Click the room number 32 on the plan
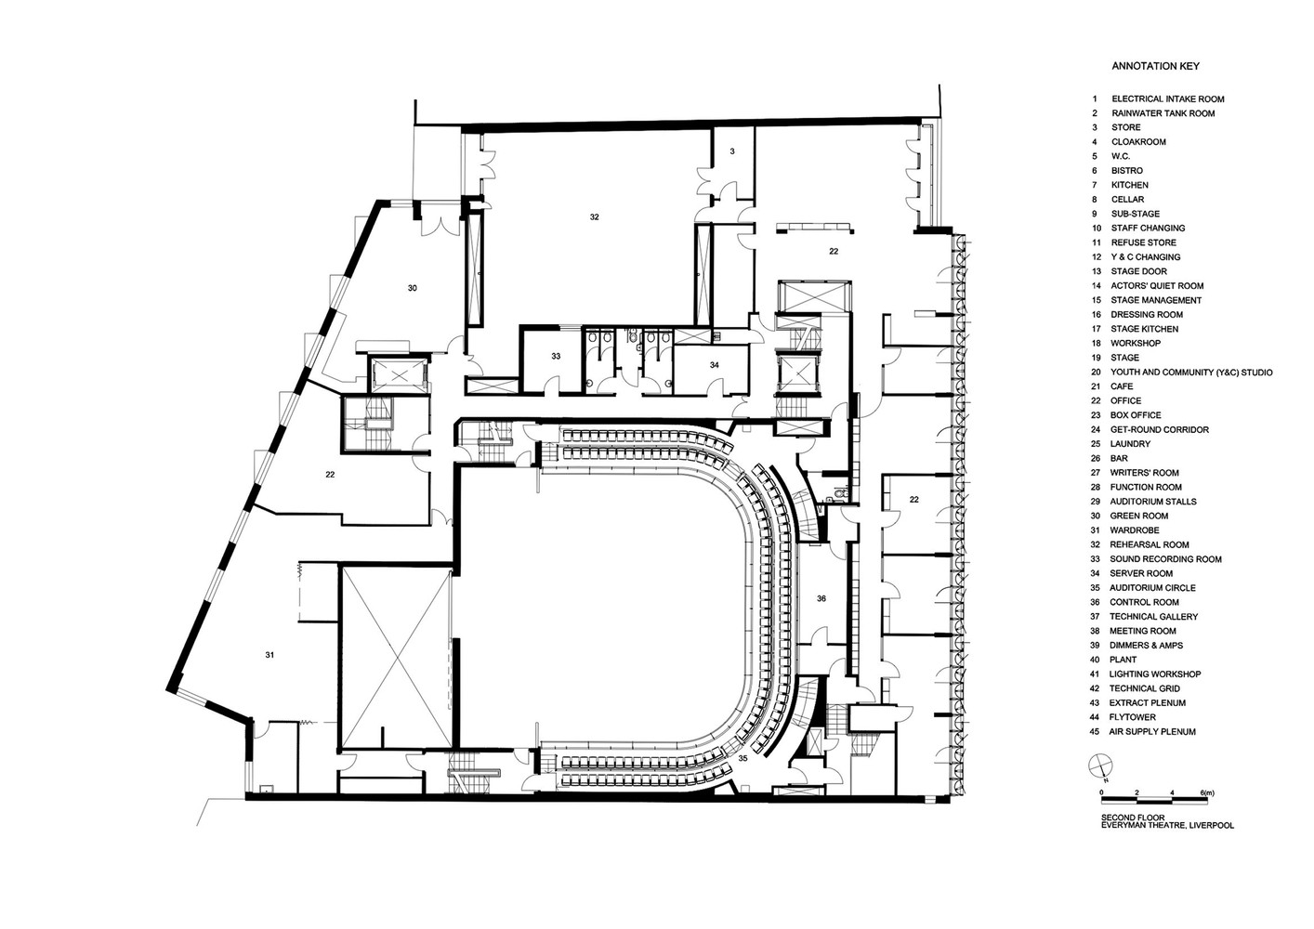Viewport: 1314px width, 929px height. click(594, 216)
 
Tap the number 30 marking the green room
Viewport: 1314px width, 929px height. click(412, 288)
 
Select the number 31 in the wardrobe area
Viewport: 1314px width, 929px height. click(269, 655)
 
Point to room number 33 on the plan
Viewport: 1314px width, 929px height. click(556, 356)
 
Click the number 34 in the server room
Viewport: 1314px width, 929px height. click(714, 365)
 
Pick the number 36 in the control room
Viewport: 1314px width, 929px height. click(821, 599)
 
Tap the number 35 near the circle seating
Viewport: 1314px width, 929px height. click(742, 759)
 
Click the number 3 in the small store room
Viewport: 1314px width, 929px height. click(732, 150)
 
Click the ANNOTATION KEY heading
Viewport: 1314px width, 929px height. click(1155, 67)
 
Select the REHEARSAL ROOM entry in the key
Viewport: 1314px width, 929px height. click(1149, 544)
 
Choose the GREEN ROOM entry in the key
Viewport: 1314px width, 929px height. click(1138, 516)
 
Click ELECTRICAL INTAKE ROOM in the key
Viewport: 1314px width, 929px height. click(1167, 98)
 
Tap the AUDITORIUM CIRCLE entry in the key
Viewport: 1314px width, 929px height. click(1152, 588)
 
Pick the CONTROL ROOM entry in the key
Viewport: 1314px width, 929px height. click(1145, 602)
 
